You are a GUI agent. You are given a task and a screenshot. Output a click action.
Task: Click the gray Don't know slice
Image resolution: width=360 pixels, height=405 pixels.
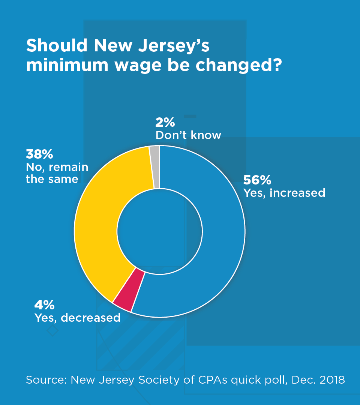click(x=155, y=167)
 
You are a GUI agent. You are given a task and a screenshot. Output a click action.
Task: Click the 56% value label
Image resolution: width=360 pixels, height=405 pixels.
click(x=257, y=180)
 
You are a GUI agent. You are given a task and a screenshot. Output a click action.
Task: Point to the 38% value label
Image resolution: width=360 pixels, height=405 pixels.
click(x=39, y=154)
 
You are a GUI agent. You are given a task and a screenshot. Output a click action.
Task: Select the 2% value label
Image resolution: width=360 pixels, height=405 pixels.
click(x=165, y=123)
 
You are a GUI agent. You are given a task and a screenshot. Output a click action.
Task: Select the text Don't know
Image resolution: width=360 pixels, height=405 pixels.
click(x=188, y=135)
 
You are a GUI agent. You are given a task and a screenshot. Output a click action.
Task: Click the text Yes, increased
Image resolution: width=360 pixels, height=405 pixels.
click(x=284, y=193)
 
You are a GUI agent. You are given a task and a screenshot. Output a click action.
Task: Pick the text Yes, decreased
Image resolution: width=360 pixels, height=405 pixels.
click(x=77, y=318)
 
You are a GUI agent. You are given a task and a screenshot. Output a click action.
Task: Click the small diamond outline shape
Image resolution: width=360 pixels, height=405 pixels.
click(x=52, y=330)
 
